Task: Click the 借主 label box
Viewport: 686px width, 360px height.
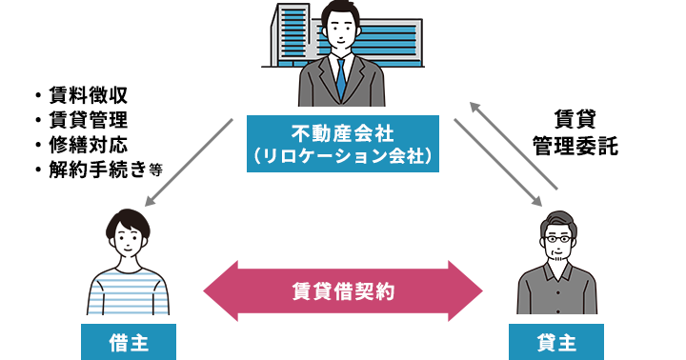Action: (x=129, y=342)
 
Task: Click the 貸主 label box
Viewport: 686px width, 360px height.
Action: (x=556, y=342)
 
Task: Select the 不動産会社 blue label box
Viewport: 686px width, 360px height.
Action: (x=343, y=144)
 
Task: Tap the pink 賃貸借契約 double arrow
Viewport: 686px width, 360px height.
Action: (x=343, y=291)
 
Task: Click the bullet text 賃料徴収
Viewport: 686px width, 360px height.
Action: (x=88, y=95)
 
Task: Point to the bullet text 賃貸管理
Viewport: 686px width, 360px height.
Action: (x=88, y=120)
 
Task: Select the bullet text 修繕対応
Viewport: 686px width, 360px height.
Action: (x=88, y=145)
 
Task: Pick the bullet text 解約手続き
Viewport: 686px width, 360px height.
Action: (x=97, y=170)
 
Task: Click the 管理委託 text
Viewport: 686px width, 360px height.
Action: (x=575, y=146)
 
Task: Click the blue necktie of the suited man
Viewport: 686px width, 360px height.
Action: (x=341, y=80)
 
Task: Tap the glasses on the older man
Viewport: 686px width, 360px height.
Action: (x=556, y=240)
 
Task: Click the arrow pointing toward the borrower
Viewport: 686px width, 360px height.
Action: (x=189, y=162)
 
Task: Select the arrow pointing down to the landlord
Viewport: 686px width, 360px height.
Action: (x=498, y=162)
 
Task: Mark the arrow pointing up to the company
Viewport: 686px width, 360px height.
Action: (x=514, y=146)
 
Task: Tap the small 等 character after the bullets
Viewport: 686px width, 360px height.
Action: (x=155, y=170)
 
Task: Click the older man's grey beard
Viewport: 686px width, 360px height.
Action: (x=556, y=258)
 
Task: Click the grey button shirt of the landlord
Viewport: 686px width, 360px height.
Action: (x=556, y=290)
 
